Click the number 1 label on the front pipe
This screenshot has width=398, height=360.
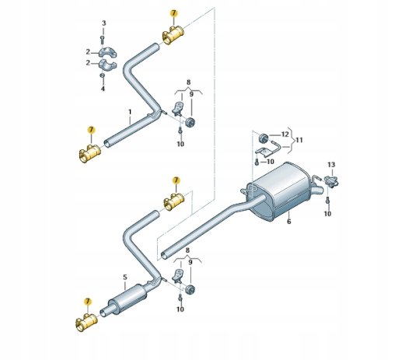130,112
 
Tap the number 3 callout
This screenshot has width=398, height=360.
103,23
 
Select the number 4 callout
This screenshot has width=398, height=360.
103,89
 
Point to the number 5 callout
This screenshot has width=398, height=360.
125,278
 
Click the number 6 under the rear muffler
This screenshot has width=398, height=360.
289,222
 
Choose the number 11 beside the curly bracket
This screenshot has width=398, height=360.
299,140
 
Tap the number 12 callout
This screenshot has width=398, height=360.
285,135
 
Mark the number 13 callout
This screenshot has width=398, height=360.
331,165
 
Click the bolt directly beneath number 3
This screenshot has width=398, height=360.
102,40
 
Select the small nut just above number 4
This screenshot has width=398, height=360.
103,75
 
